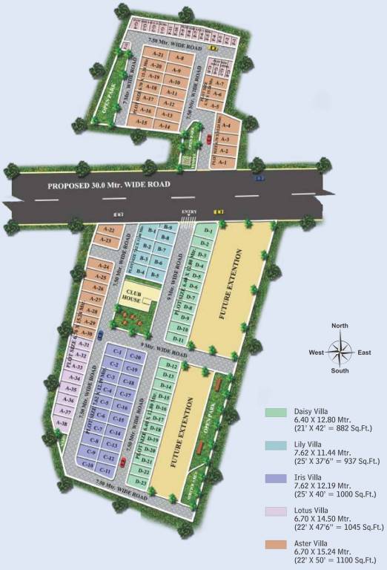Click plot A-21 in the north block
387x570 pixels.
click(x=156, y=54)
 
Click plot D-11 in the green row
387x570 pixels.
click(x=179, y=338)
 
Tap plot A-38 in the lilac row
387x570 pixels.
click(x=62, y=422)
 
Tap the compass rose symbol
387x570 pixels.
click(x=340, y=353)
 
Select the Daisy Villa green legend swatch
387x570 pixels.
click(x=275, y=411)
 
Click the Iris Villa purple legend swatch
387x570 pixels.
click(x=275, y=478)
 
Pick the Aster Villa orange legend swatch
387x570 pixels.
click(x=275, y=544)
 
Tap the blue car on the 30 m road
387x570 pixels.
click(x=258, y=178)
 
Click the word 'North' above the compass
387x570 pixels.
click(x=340, y=327)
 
